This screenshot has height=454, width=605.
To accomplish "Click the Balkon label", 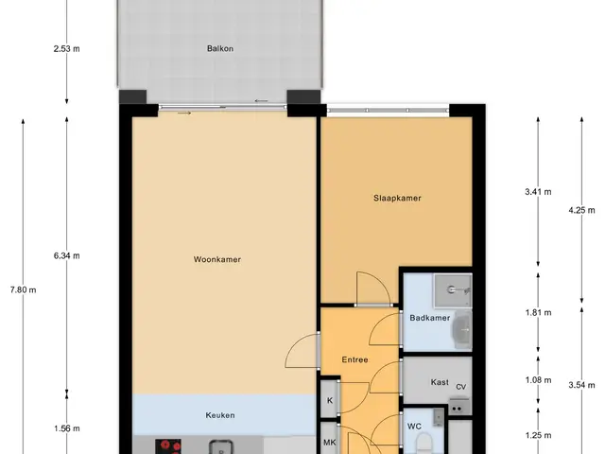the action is click(x=220, y=48).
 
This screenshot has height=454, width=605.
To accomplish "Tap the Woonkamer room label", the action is click(x=217, y=259).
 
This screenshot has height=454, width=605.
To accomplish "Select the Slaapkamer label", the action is click(x=397, y=198).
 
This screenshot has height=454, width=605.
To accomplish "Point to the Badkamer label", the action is click(x=430, y=318).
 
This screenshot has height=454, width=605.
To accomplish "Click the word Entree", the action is click(x=355, y=359).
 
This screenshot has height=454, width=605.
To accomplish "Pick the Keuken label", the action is click(x=220, y=415).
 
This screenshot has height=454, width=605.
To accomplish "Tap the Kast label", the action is click(x=440, y=382).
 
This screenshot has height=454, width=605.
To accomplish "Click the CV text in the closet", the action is click(x=461, y=387).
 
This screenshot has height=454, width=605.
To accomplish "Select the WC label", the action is click(x=414, y=427).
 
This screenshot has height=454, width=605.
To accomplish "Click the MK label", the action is click(x=330, y=443).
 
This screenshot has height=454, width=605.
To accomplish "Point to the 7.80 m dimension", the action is click(x=23, y=290).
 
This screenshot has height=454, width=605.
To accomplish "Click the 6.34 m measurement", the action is click(x=67, y=255).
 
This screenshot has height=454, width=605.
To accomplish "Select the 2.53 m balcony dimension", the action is click(x=67, y=48).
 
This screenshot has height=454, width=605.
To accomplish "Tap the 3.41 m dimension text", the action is click(x=538, y=191).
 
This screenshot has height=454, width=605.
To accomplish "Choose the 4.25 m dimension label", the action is click(x=582, y=210).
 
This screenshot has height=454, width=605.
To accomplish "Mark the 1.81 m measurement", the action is click(x=538, y=313).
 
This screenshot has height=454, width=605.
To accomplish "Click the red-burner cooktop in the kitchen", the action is click(x=168, y=446).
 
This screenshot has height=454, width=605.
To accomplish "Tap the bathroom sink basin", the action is click(x=462, y=330).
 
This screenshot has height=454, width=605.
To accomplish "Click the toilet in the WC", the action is click(x=423, y=444).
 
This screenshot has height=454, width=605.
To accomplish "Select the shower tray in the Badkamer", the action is click(x=454, y=291).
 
